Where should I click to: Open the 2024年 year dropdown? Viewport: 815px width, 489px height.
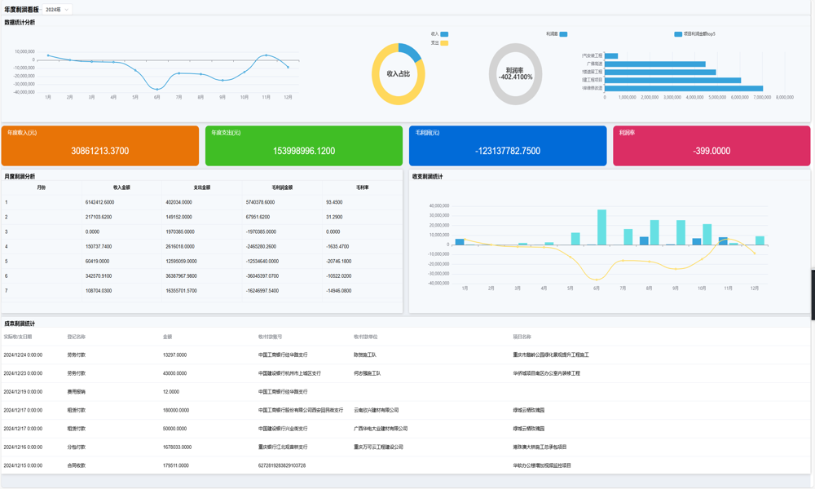(x=57, y=10)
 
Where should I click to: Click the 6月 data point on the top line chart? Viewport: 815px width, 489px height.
(x=157, y=89)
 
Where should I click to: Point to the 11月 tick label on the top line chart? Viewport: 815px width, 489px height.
(x=266, y=97)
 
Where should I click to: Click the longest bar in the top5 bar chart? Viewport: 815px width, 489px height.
(x=684, y=88)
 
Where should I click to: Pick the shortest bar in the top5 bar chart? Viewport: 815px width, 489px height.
(x=611, y=55)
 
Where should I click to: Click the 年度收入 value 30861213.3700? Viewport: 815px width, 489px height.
(x=99, y=151)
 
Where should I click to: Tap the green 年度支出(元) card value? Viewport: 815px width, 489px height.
(x=304, y=151)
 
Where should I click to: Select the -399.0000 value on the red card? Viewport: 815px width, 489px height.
(x=711, y=151)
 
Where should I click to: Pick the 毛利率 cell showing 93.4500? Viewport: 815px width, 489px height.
(x=334, y=202)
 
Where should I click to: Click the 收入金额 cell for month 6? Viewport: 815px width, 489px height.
(x=99, y=276)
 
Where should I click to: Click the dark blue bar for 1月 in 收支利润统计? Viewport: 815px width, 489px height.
(x=460, y=242)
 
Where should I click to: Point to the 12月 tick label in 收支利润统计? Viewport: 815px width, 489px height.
(x=755, y=288)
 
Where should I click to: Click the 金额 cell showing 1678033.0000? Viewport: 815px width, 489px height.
(x=177, y=447)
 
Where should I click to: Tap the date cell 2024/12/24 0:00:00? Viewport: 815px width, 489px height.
(x=23, y=355)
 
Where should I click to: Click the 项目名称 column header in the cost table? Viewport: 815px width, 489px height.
(x=522, y=337)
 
